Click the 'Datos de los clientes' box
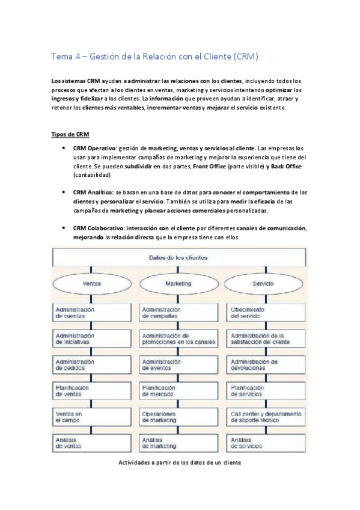(x=178, y=257)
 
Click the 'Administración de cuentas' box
(x=91, y=312)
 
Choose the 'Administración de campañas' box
(x=178, y=312)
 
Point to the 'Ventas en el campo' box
(x=91, y=417)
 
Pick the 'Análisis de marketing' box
(x=178, y=443)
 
